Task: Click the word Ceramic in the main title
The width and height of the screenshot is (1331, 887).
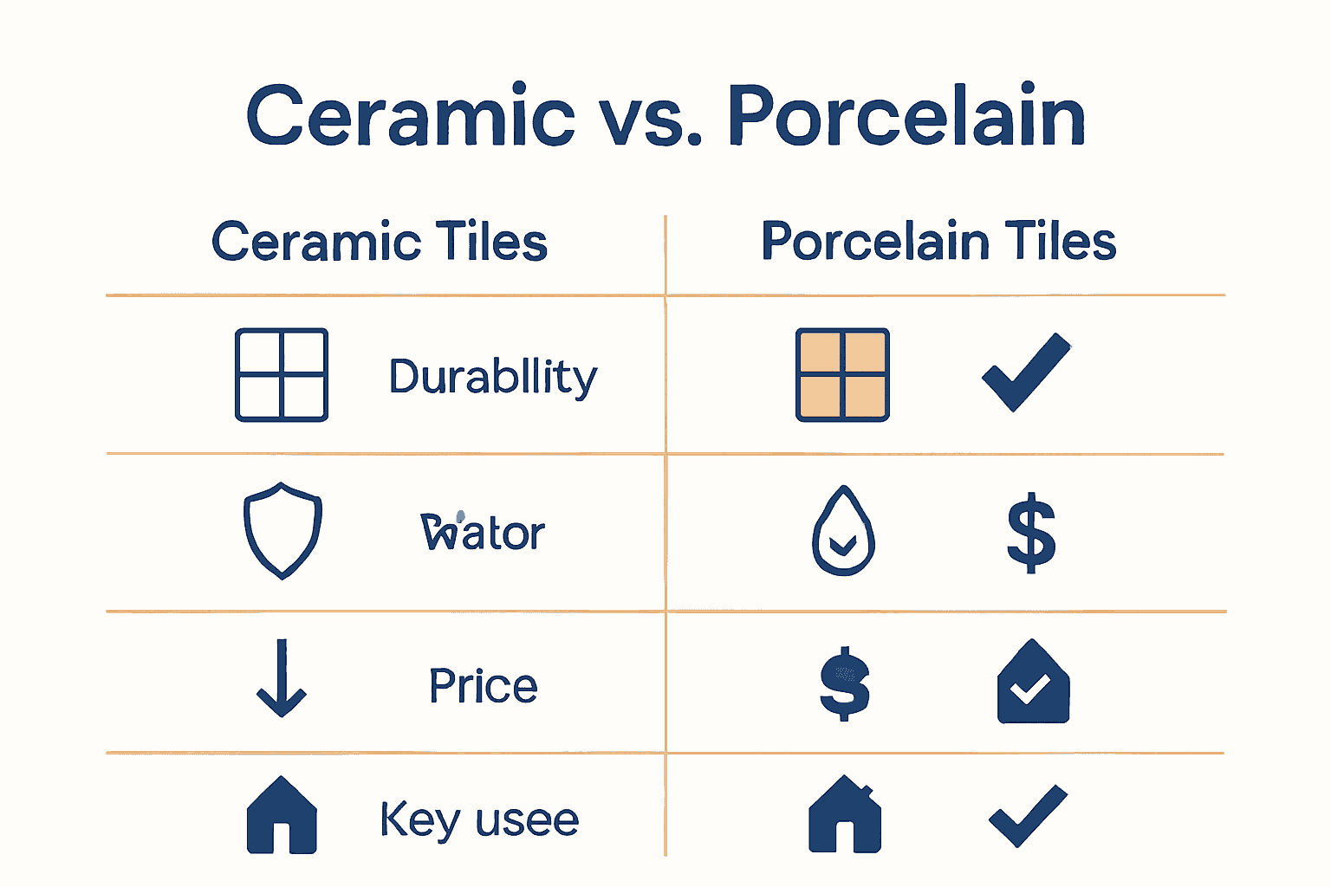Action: (410, 115)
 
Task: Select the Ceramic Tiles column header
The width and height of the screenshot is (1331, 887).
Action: (380, 242)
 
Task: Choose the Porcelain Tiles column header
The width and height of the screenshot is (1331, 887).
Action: (938, 242)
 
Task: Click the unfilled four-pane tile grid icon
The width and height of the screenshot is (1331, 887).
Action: (282, 375)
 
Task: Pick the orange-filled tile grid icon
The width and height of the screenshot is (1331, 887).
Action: (842, 375)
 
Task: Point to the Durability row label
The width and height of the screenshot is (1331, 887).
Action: (493, 377)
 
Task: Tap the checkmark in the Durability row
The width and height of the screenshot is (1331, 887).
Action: (1026, 372)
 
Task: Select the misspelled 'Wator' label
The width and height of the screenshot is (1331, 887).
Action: (483, 533)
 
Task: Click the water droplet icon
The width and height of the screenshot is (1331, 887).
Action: (843, 532)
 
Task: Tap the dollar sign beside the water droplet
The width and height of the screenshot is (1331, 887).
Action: (1031, 533)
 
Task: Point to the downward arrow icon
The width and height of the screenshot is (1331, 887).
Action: (282, 678)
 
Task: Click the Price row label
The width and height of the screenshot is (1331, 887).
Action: (484, 686)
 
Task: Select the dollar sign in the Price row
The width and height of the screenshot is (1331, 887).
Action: (845, 684)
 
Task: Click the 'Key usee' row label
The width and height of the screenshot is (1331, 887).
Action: (479, 819)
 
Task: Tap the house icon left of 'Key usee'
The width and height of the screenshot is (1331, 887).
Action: (282, 815)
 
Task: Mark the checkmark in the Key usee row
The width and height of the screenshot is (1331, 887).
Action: (1028, 815)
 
